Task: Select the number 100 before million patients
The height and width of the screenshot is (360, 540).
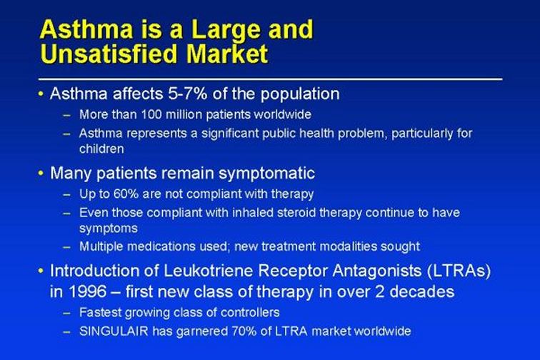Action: point(151,114)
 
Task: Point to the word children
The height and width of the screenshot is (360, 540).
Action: point(101,149)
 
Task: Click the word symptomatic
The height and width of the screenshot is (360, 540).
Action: point(266,174)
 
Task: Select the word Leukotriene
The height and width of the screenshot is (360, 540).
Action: point(209,271)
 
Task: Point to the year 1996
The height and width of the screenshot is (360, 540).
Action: point(87,292)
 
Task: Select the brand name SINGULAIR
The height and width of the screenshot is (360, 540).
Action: point(114,331)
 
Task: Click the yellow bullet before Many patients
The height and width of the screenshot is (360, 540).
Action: point(41,173)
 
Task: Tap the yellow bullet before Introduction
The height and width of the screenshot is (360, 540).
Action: point(41,271)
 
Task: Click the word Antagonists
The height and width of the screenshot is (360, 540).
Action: point(376,271)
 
